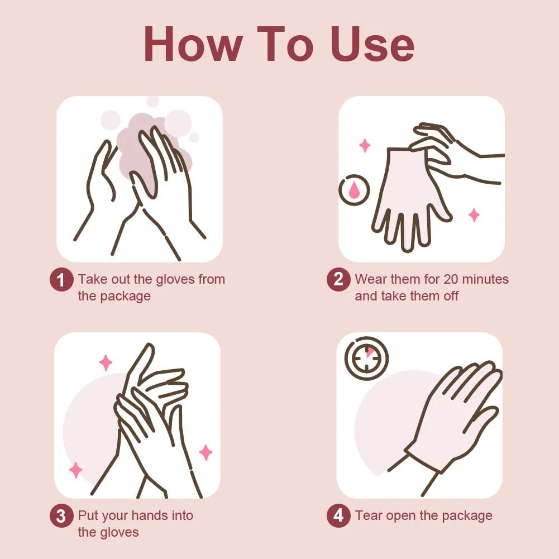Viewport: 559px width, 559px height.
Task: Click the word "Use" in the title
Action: [372, 44]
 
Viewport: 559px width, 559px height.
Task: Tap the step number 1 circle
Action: [61, 279]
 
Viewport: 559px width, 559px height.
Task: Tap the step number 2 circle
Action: [338, 279]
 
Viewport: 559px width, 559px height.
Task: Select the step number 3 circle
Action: [61, 516]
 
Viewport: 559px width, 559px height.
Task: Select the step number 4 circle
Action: [338, 516]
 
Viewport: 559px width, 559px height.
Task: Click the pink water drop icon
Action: [353, 190]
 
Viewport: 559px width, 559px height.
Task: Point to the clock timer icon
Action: [366, 357]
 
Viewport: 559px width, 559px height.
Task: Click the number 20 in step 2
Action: [451, 279]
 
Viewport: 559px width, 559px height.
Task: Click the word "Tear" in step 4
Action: [368, 515]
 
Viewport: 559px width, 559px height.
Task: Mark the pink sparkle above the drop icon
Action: [364, 145]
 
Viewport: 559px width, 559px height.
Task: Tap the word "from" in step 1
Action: [212, 279]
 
